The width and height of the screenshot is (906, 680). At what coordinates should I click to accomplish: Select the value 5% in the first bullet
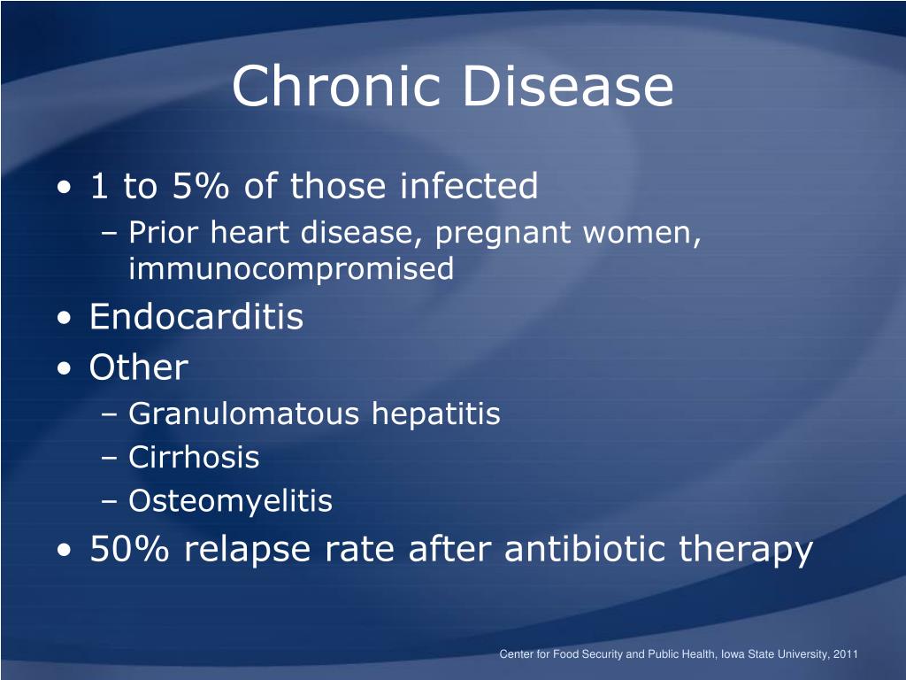(x=201, y=186)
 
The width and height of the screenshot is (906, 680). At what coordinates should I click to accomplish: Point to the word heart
(x=249, y=233)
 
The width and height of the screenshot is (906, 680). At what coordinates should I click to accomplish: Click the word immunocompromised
(x=291, y=269)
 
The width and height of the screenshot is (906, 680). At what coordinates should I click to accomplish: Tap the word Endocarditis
(x=196, y=316)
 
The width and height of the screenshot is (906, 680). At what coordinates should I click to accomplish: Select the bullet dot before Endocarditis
(x=65, y=319)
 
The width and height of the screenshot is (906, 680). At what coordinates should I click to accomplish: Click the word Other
(x=139, y=367)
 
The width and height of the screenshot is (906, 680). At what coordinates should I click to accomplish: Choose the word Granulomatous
(x=243, y=413)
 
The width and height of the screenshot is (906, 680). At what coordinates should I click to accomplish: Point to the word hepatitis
(x=436, y=415)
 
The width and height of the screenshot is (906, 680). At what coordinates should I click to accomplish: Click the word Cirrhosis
(x=194, y=457)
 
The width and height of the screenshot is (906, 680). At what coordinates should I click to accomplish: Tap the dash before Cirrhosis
(x=109, y=459)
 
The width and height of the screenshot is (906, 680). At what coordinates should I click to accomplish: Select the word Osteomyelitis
(x=231, y=502)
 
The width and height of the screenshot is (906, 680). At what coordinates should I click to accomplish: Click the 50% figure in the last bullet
(x=129, y=548)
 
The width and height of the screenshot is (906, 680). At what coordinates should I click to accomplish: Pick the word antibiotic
(x=585, y=547)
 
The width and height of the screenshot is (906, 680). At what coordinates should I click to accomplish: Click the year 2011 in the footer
(x=846, y=654)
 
